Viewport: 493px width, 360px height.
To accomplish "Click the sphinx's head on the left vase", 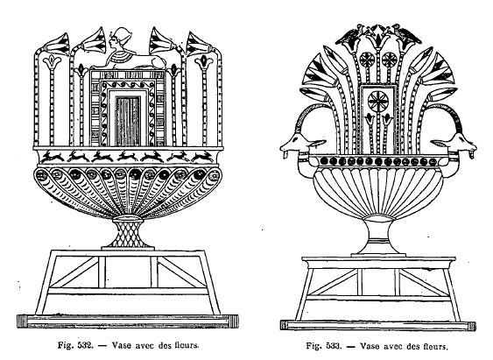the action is [121, 39].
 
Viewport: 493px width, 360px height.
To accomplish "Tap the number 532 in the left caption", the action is [85, 345].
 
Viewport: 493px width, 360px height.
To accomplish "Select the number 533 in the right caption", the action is [334, 346].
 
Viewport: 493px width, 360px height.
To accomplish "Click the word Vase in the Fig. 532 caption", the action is [122, 345].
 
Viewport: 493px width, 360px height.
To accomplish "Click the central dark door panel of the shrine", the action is [128, 122].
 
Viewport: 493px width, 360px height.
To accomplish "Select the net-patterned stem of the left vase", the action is [128, 233].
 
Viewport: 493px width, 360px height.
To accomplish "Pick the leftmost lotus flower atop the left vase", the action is [57, 44].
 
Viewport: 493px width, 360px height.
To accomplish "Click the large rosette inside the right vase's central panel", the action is [378, 102].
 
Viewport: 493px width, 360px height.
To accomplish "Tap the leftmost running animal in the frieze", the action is [53, 156].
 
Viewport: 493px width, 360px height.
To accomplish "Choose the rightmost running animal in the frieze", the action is [202, 156].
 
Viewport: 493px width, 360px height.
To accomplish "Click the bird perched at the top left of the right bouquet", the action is [349, 37].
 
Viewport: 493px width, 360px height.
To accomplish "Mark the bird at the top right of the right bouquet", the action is [408, 35].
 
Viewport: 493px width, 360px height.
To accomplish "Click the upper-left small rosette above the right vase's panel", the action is [366, 59].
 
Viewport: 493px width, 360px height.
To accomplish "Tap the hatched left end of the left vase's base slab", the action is [22, 321].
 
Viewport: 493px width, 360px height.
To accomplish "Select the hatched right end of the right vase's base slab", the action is [472, 326].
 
